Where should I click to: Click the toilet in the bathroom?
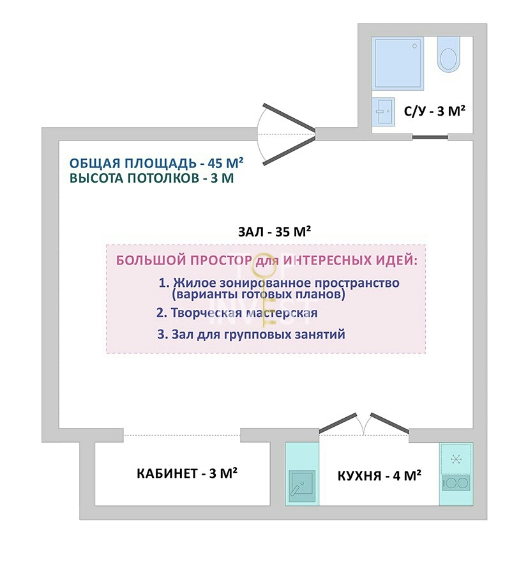click(x=448, y=54)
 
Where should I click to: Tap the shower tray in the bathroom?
click(x=398, y=63)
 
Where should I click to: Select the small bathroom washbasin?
click(x=383, y=111)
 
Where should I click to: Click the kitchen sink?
click(x=302, y=486)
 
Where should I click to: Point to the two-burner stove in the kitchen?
click(x=456, y=483)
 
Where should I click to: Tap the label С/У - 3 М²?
click(x=435, y=111)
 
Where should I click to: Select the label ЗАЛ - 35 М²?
click(x=275, y=231)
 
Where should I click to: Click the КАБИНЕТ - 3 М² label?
click(x=187, y=473)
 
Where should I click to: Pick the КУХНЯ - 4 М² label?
click(x=379, y=475)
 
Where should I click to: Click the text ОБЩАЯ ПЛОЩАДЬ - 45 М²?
click(x=156, y=163)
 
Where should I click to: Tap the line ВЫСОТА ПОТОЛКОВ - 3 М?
click(x=152, y=178)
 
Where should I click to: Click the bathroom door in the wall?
click(x=430, y=137)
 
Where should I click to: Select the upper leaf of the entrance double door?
click(x=289, y=118)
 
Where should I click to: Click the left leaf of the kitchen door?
click(x=338, y=423)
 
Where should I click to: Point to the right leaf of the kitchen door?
click(x=389, y=422)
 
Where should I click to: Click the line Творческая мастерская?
click(x=237, y=313)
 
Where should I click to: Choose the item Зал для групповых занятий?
click(x=252, y=334)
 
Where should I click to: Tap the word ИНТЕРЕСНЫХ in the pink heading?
click(x=327, y=261)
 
